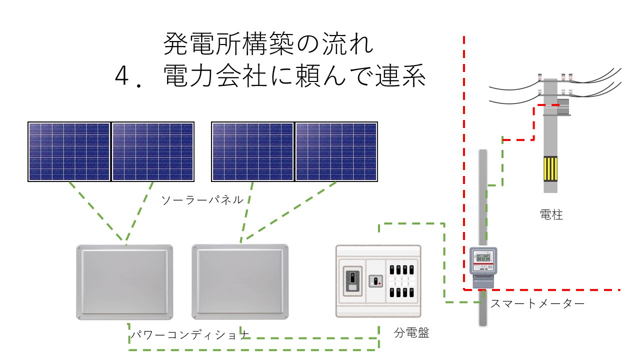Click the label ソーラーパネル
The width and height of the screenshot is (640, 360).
tap(202, 199)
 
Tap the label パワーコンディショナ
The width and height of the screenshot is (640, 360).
tap(190, 334)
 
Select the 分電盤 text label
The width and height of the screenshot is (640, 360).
tap(411, 332)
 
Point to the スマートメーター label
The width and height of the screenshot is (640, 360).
tap(537, 303)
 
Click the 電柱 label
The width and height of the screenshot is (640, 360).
tap(551, 214)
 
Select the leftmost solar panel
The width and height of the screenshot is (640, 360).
tap(69, 151)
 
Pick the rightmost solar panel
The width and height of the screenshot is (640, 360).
tap(336, 151)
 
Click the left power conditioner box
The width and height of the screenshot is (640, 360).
tap(124, 282)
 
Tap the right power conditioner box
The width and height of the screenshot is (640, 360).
tap(240, 281)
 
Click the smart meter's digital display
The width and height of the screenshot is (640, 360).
tap(483, 258)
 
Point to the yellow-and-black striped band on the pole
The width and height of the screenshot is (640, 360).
tap(550, 169)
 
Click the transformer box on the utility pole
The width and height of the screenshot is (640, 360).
tap(563, 107)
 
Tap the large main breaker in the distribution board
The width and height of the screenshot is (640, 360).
tap(352, 281)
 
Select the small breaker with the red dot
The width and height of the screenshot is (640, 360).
tap(375, 281)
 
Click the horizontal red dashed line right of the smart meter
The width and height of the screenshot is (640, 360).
tap(552, 290)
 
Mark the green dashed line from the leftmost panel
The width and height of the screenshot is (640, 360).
tap(97, 211)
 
